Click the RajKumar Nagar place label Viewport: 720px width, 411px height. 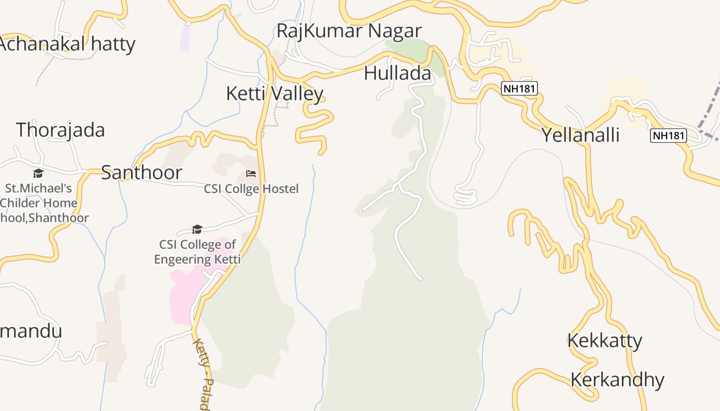(x=349, y=31)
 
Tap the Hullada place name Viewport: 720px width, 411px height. (x=397, y=73)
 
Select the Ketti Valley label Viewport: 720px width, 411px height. (x=275, y=94)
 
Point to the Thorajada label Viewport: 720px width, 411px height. (x=60, y=130)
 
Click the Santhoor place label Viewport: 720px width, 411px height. (x=141, y=173)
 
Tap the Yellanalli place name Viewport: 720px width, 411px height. (x=580, y=135)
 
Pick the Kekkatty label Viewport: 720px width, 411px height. (x=605, y=341)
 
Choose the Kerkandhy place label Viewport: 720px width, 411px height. (x=617, y=380)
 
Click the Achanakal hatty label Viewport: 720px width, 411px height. (x=67, y=44)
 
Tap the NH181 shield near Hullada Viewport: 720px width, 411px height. (x=519, y=89)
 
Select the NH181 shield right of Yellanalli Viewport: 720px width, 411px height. (x=669, y=136)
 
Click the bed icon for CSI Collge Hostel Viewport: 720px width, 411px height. (x=251, y=174)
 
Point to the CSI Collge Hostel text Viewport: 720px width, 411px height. (x=251, y=189)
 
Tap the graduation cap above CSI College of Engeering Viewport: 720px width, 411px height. (x=197, y=229)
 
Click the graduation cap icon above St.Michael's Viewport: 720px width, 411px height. (x=38, y=173)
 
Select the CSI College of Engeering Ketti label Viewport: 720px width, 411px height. (x=197, y=252)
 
